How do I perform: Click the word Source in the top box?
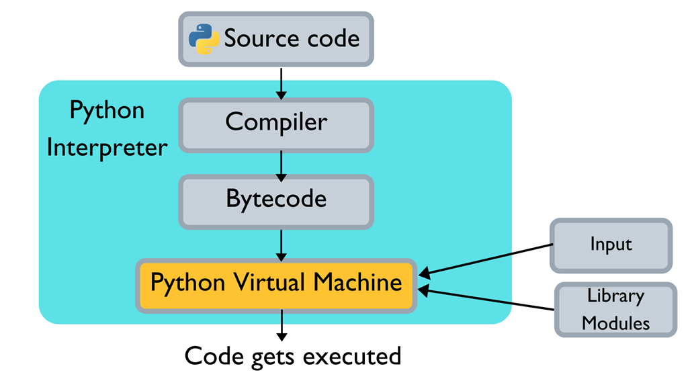[x=255, y=39]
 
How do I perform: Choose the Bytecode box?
[x=276, y=200]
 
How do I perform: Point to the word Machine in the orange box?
[x=357, y=282]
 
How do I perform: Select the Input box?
[x=611, y=245]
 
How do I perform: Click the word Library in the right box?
[x=615, y=296]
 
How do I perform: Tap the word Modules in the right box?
[x=615, y=323]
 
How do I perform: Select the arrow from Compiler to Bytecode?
[x=282, y=163]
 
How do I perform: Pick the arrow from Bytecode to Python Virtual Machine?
[x=282, y=244]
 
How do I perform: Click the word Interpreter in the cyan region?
[x=107, y=147]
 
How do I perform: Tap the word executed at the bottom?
[x=352, y=356]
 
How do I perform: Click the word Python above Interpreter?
[x=107, y=110]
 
